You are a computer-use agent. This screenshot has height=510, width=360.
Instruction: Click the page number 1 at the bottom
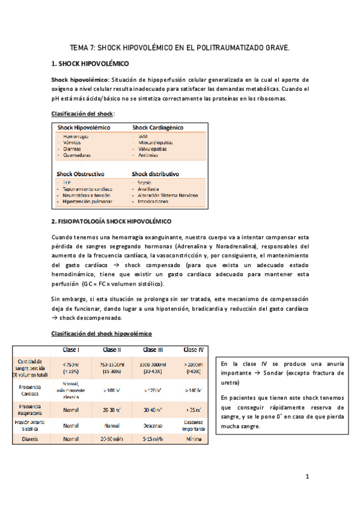pos(307,477)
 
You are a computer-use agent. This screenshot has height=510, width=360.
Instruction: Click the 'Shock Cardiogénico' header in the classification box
pos(158,127)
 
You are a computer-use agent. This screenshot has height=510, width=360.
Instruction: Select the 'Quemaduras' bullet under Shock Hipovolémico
pos(76,155)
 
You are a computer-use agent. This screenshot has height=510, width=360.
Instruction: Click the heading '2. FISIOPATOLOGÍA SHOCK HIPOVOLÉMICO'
pos(112,221)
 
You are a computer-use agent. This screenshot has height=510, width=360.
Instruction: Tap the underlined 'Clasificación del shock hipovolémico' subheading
pos(102,333)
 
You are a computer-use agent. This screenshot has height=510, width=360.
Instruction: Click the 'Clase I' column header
pos(71,349)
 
